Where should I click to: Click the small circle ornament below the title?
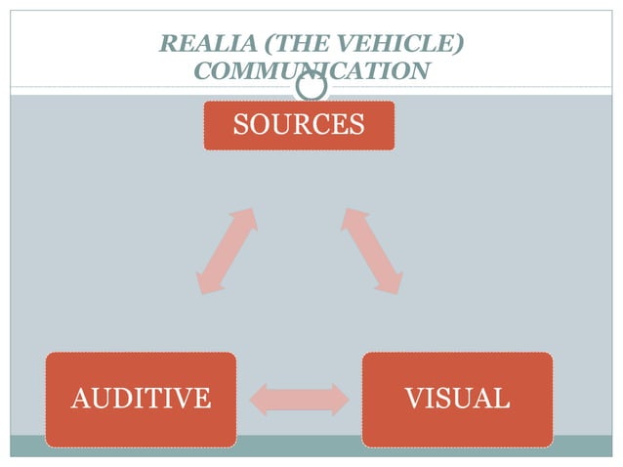pyautogui.click(x=311, y=87)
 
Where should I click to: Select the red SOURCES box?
pyautogui.click(x=299, y=125)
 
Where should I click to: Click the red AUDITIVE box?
pyautogui.click(x=141, y=399)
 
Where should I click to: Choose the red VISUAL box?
pyautogui.click(x=457, y=399)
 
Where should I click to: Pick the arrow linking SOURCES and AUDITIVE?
pyautogui.click(x=227, y=251)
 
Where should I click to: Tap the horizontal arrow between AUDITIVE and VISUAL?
pyautogui.click(x=299, y=399)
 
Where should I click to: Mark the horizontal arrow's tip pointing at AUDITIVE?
pyautogui.click(x=256, y=399)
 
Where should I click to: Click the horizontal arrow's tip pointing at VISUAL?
pyautogui.click(x=343, y=399)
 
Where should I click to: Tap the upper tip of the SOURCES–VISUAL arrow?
pyautogui.click(x=347, y=211)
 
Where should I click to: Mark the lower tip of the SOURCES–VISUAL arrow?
pyautogui.click(x=395, y=289)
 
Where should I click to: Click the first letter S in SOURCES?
pyautogui.click(x=240, y=125)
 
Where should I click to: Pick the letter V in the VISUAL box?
pyautogui.click(x=414, y=399)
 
